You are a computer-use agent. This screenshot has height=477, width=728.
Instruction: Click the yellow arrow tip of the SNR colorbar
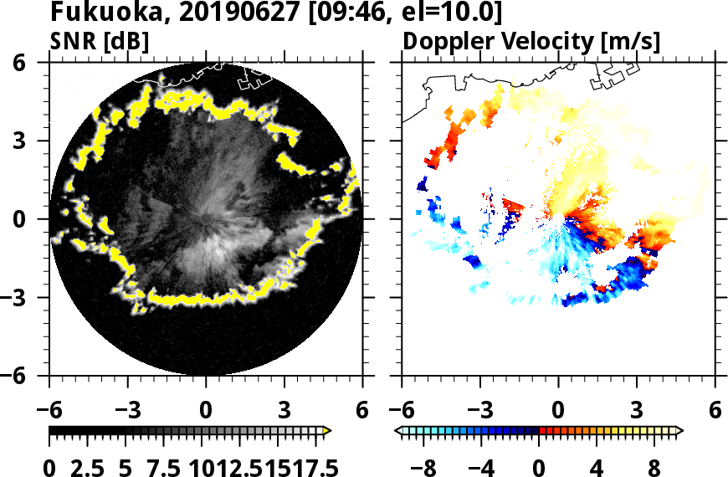coord(328,431)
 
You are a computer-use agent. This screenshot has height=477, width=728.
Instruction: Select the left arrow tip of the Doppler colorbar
coord(397,431)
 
